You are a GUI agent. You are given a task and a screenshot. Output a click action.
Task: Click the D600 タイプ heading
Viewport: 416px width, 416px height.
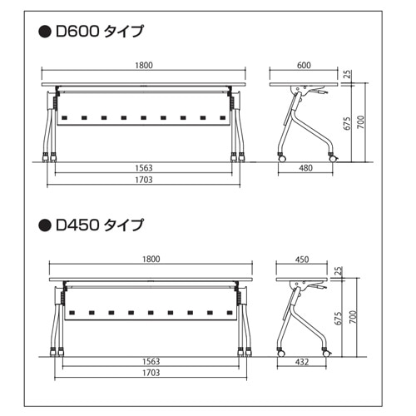(100, 31)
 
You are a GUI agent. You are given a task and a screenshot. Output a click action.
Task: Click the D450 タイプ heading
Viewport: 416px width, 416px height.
(100, 225)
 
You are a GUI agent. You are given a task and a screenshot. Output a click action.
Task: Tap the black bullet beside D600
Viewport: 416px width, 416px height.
(45, 32)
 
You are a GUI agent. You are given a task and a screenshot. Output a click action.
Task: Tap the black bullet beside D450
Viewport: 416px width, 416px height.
(45, 225)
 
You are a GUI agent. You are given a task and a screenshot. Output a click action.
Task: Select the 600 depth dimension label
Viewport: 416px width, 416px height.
(304, 66)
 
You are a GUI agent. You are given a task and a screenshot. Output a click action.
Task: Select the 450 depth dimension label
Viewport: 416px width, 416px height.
(302, 260)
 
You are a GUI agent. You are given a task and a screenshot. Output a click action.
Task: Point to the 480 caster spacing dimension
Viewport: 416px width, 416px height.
(305, 168)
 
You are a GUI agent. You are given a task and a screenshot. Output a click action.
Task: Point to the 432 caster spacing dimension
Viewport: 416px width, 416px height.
(302, 362)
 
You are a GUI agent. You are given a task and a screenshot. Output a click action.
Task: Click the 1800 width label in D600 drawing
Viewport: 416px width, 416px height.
(144, 66)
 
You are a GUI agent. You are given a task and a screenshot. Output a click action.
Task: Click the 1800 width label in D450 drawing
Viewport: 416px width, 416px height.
(151, 260)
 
